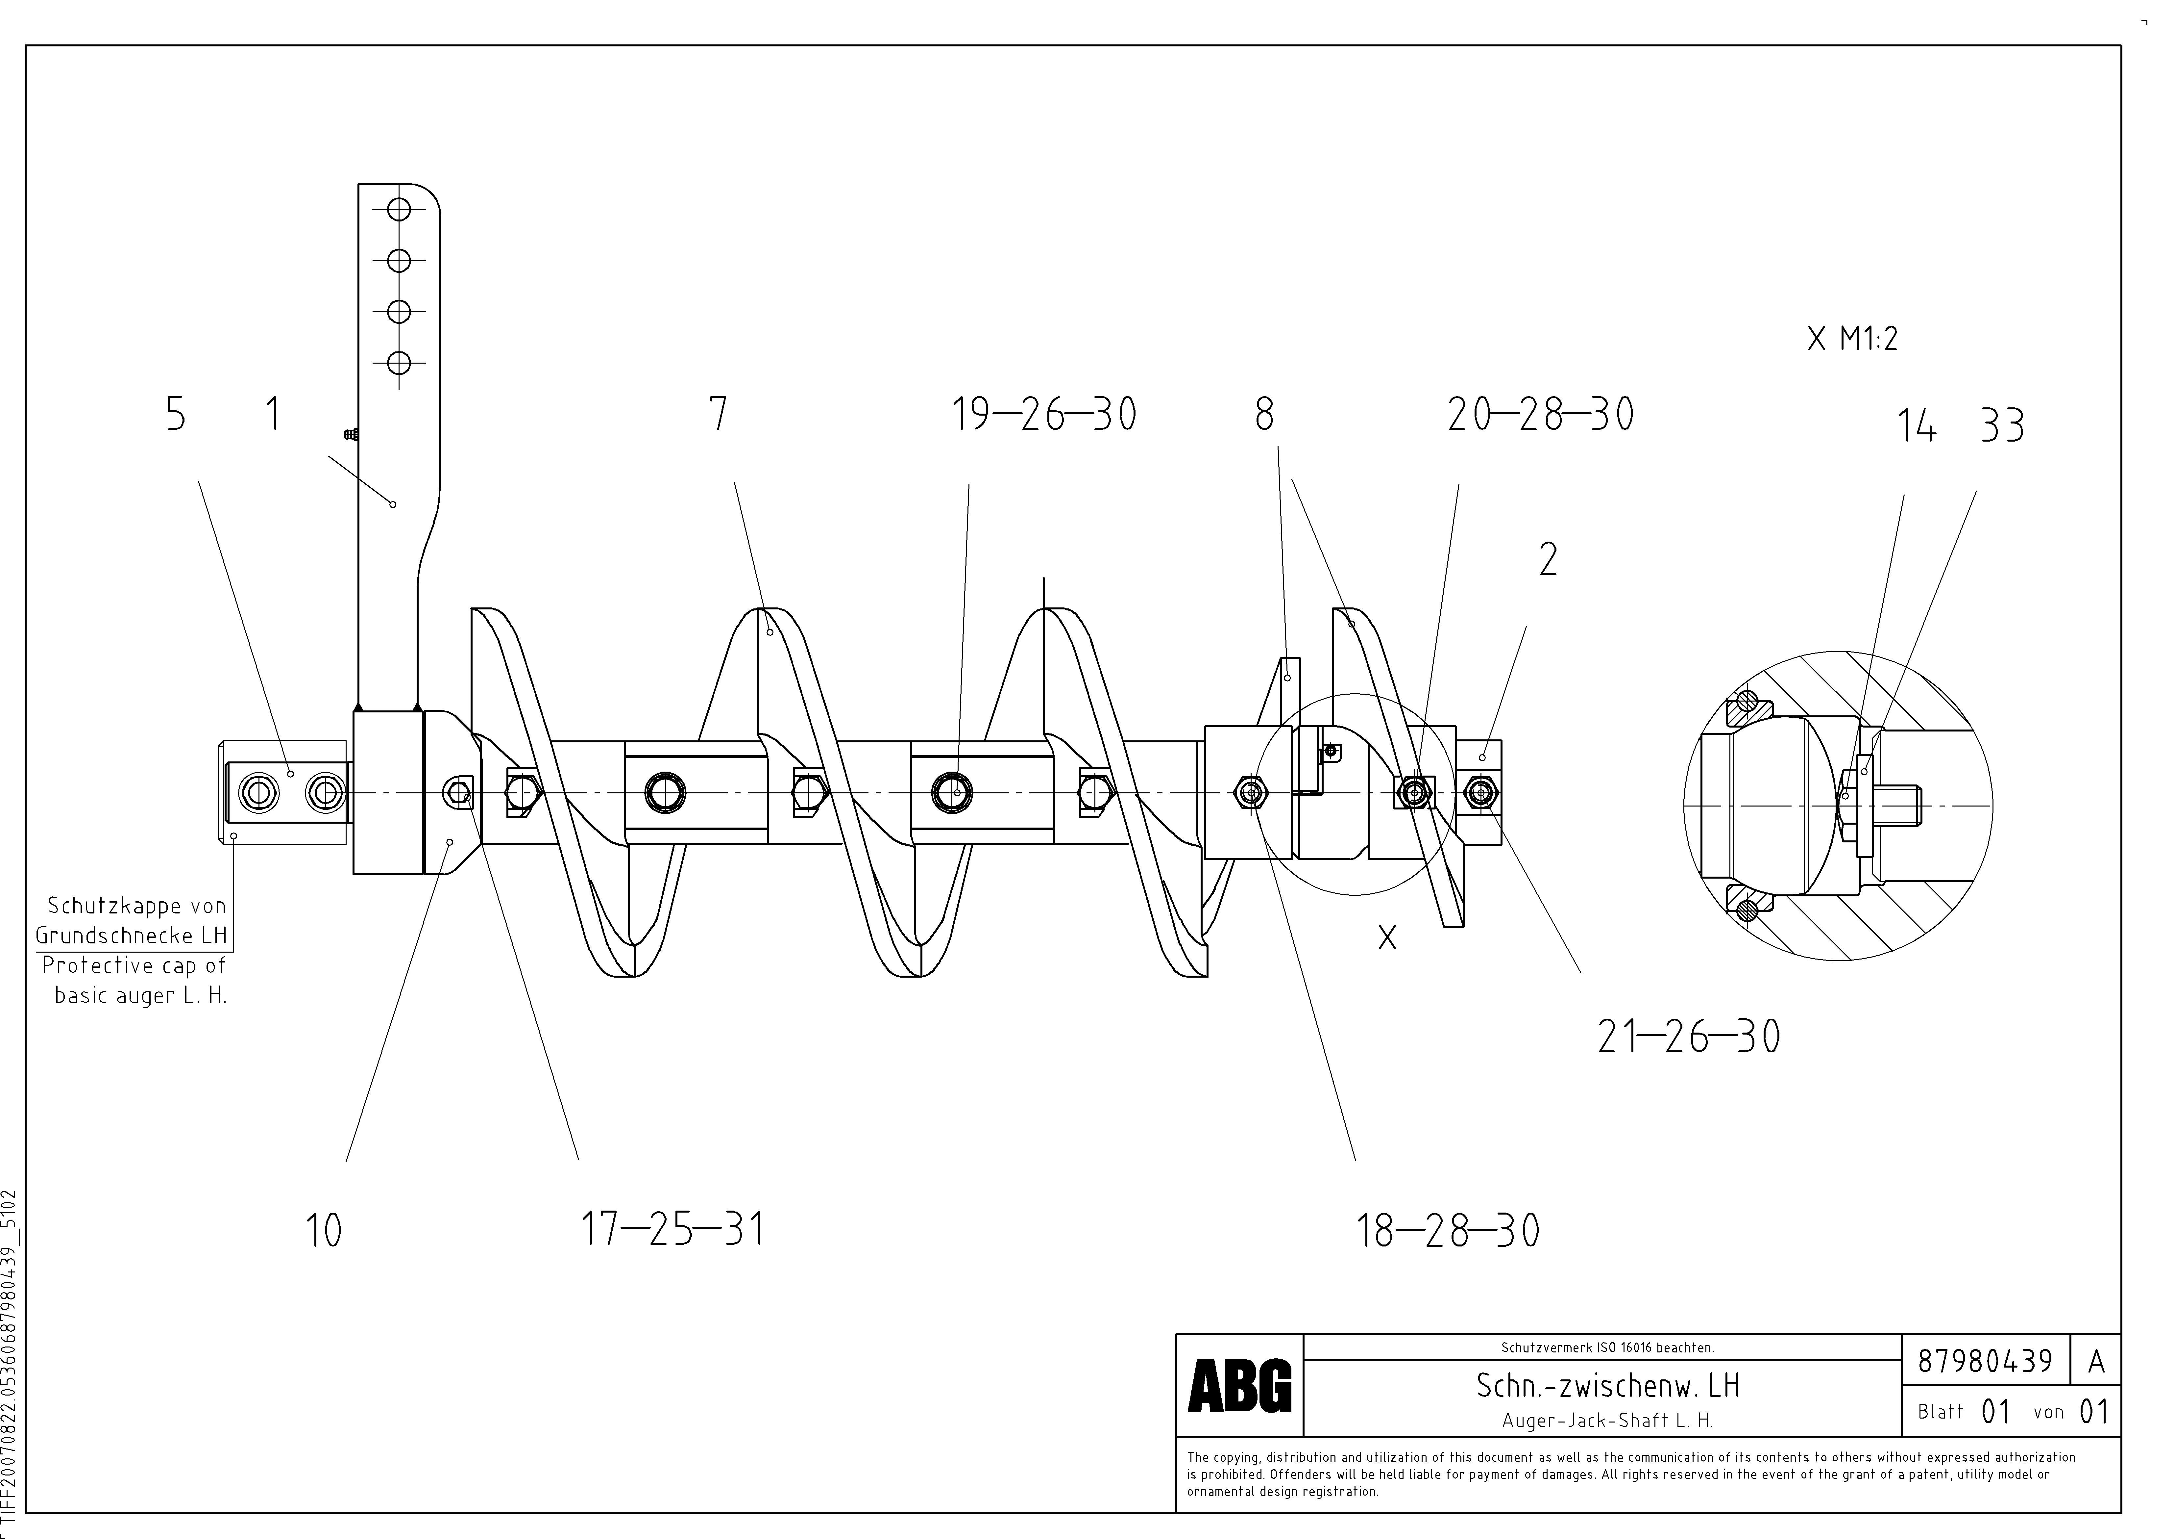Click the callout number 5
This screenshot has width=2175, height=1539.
click(176, 415)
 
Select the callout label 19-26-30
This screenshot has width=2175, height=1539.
click(1044, 415)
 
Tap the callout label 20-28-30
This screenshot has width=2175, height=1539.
click(1540, 415)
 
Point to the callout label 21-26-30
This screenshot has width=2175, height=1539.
click(1688, 1037)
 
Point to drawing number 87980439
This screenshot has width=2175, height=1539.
click(1985, 1362)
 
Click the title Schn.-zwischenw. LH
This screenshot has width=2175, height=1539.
click(1607, 1385)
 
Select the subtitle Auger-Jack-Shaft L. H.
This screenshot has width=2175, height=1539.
click(1607, 1421)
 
